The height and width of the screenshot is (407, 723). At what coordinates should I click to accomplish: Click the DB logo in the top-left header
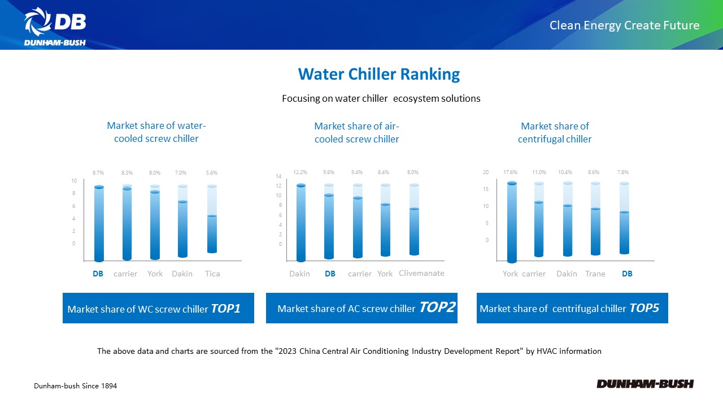coord(55,26)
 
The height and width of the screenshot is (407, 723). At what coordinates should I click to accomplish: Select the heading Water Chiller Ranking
coord(378,74)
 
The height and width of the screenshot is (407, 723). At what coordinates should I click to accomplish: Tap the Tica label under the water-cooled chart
coord(212,274)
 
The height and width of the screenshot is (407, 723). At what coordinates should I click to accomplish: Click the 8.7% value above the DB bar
coord(99,172)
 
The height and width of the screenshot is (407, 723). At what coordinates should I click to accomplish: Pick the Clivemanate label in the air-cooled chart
coord(421,273)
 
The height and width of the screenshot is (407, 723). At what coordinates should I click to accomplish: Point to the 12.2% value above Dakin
coord(300,172)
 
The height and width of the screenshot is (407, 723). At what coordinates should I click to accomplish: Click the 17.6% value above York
coord(511,172)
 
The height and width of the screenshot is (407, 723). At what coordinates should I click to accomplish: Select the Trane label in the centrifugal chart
coord(595,274)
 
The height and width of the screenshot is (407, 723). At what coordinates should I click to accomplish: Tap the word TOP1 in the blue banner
coord(225,308)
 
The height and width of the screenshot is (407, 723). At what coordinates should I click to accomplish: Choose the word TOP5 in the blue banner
coord(644,308)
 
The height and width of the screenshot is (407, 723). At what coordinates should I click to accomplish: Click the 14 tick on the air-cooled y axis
coord(278,176)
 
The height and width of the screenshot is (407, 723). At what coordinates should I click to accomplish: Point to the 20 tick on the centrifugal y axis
coord(485,172)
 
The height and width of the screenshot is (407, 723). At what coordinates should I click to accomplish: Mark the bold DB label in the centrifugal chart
coord(627,274)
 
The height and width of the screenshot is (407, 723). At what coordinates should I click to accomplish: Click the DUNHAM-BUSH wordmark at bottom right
coord(645,384)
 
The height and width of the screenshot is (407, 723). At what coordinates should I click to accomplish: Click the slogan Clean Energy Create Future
coord(624,25)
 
